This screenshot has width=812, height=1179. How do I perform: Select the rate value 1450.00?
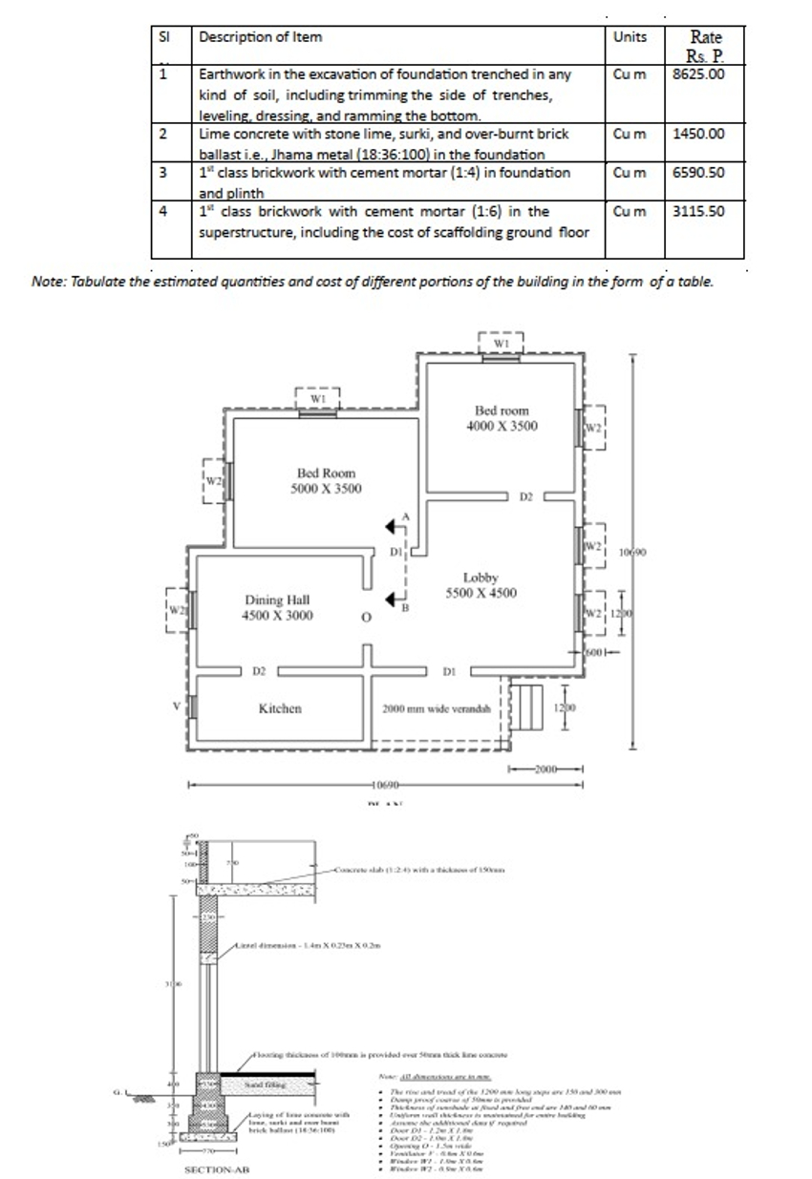pyautogui.click(x=698, y=133)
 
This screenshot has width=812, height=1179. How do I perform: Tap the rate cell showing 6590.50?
pyautogui.click(x=698, y=173)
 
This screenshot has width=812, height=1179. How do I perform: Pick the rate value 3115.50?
pyautogui.click(x=698, y=210)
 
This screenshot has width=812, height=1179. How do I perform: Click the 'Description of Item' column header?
pyautogui.click(x=260, y=37)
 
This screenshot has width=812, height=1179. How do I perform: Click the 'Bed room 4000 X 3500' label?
pyautogui.click(x=502, y=417)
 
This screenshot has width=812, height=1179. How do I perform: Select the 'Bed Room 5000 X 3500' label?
pyautogui.click(x=326, y=480)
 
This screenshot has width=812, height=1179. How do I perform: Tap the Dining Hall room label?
pyautogui.click(x=277, y=607)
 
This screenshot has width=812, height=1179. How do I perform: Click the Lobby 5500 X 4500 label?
pyautogui.click(x=481, y=585)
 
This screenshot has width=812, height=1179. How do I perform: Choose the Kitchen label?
pyautogui.click(x=280, y=708)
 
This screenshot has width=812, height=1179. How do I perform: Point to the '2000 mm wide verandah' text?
pyautogui.click(x=436, y=709)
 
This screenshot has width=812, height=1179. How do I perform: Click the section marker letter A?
pyautogui.click(x=406, y=516)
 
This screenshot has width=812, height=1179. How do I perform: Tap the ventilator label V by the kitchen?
pyautogui.click(x=175, y=706)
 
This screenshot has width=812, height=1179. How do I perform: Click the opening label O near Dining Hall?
pyautogui.click(x=365, y=618)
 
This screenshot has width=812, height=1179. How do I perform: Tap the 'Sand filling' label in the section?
pyautogui.click(x=263, y=1085)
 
